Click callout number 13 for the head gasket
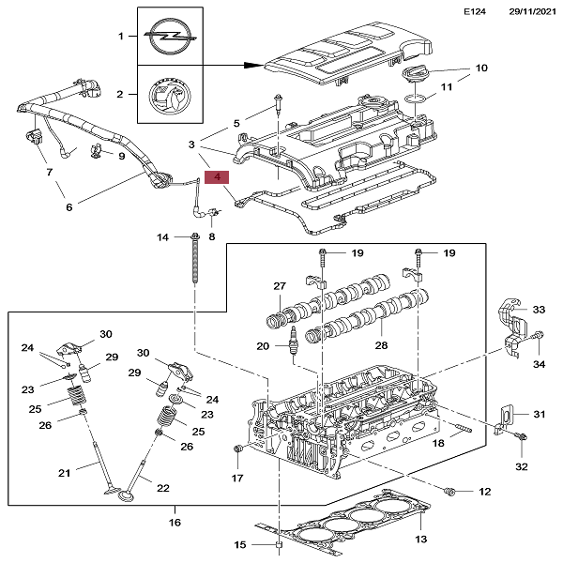[420, 539]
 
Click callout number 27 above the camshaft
[279, 286]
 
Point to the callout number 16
[175, 522]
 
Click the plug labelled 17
[237, 455]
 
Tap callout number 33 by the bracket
[539, 310]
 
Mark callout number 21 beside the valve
[65, 472]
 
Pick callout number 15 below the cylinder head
[239, 544]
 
